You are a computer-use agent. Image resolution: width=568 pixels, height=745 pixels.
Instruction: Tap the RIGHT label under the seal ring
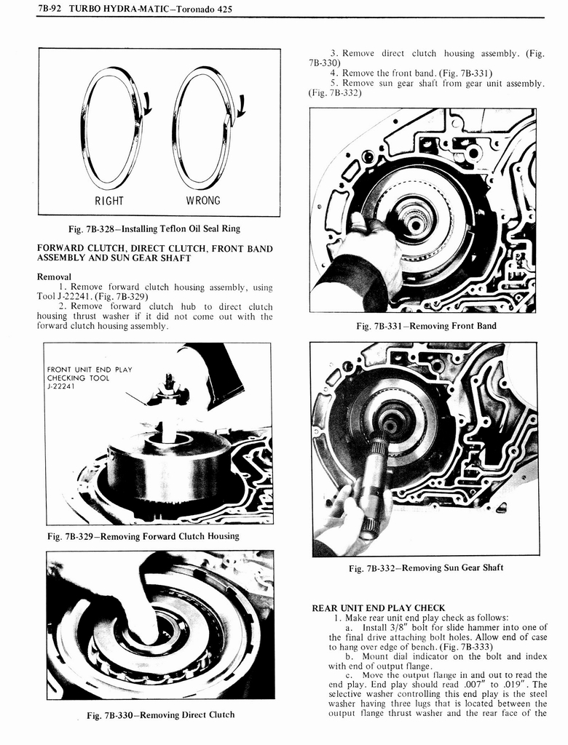tap(109, 200)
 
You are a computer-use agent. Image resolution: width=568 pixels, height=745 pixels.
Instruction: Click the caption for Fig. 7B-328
tap(154, 228)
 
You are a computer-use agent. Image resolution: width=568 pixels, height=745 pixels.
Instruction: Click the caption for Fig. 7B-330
tap(160, 715)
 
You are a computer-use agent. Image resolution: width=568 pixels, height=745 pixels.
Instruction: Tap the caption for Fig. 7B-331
tap(426, 326)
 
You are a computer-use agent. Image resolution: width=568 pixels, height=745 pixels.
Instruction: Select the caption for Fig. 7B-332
tap(425, 567)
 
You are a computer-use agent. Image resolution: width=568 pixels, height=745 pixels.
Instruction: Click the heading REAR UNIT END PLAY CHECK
tap(378, 607)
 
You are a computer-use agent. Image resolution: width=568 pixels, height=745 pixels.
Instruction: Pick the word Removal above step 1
tap(54, 276)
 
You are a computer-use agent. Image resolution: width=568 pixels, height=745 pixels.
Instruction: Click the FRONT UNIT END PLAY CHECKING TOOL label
tap(90, 374)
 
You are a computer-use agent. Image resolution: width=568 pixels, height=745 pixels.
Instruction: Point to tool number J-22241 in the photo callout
tap(63, 386)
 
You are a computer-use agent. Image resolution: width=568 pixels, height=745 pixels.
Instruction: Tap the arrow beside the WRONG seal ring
tap(240, 107)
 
